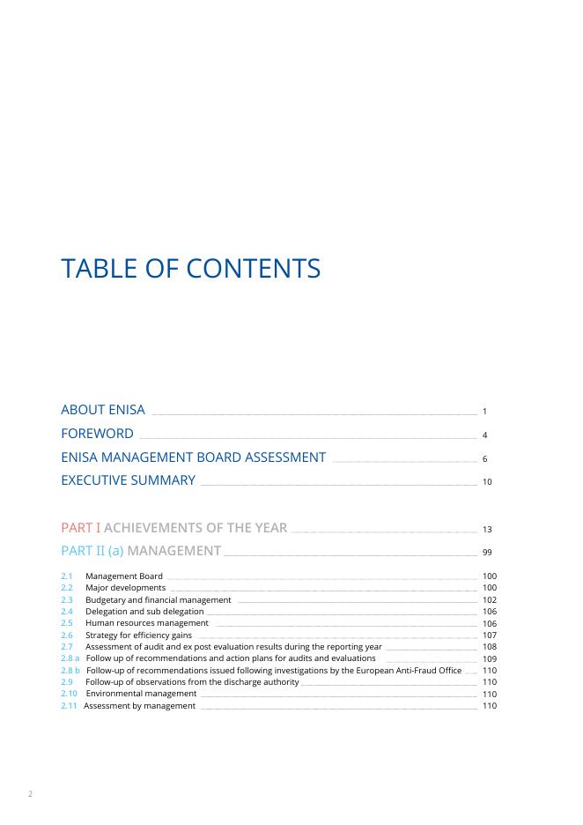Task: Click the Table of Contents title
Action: click(x=190, y=269)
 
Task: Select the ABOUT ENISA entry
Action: click(x=103, y=411)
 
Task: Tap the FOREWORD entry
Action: click(x=97, y=434)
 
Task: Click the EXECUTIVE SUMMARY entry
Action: click(x=128, y=480)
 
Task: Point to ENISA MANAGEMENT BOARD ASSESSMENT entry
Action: click(x=193, y=457)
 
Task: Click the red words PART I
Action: click(x=80, y=528)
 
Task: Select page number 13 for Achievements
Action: click(x=487, y=530)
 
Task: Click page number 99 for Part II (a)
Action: click(x=487, y=553)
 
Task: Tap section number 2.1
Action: click(x=66, y=576)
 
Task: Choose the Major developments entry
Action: click(x=125, y=588)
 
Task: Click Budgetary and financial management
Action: click(x=158, y=600)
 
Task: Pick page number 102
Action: click(x=490, y=600)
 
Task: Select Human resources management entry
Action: click(x=146, y=623)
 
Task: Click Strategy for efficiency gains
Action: click(x=138, y=635)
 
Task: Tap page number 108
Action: click(x=490, y=647)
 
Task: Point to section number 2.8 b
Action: click(x=70, y=671)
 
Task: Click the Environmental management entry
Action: click(x=141, y=695)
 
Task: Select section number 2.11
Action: click(x=69, y=706)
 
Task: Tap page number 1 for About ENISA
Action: click(x=485, y=412)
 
